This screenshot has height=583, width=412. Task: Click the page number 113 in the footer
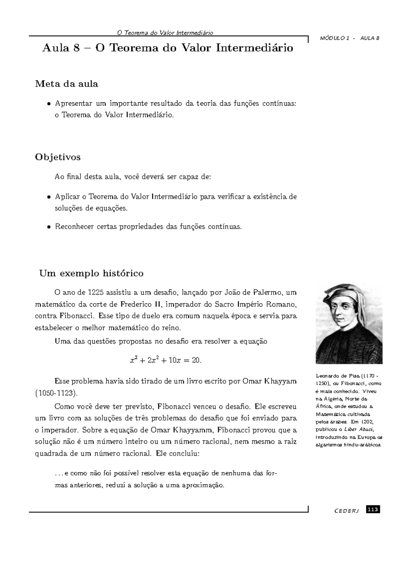(x=373, y=510)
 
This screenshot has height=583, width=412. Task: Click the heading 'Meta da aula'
(x=67, y=84)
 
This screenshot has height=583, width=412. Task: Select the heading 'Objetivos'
(x=58, y=157)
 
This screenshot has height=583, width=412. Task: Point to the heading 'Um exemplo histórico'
(x=91, y=274)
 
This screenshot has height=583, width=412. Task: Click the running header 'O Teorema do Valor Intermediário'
(x=165, y=33)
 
